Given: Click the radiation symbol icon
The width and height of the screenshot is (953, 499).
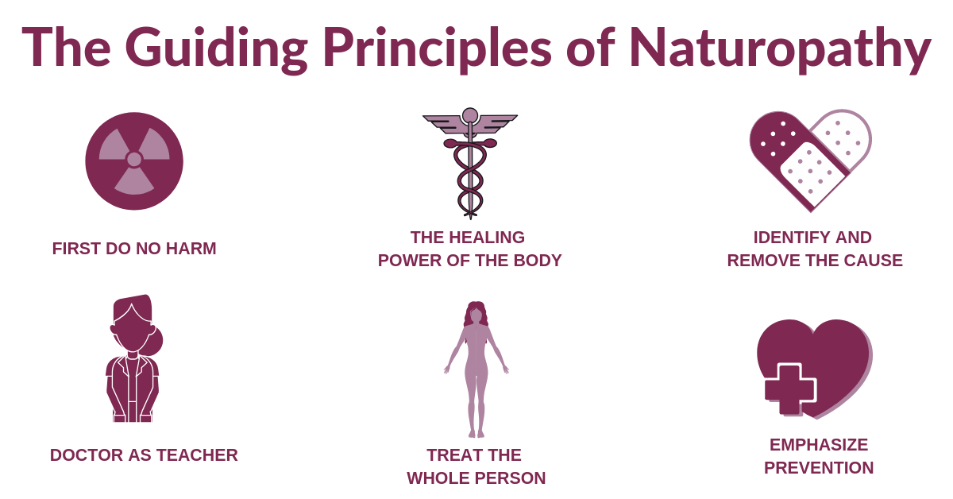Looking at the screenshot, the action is point(134,161).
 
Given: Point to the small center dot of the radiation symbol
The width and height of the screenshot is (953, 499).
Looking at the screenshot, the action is point(134,159).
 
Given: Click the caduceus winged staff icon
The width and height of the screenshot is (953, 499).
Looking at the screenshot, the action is point(470,164).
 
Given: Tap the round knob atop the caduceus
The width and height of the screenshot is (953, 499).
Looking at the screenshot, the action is point(470,115).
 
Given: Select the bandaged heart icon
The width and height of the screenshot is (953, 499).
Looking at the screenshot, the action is point(811,161).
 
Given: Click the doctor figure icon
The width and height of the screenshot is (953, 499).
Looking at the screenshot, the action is point(134,358).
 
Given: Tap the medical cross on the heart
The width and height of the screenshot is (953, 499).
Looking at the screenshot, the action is point(790,389).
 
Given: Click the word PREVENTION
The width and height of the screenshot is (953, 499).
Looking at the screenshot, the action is point(819,468).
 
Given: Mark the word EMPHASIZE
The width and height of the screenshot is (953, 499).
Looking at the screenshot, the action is point(819,445).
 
